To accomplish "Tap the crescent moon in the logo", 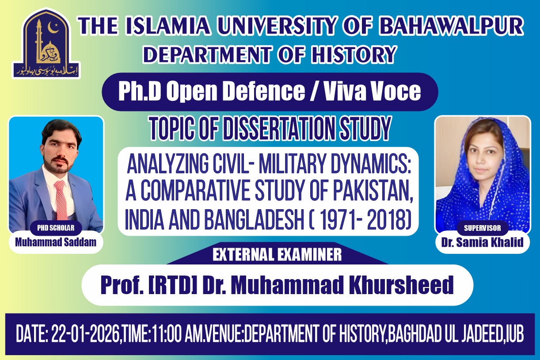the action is [53, 28].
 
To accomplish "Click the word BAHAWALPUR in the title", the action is [451, 26].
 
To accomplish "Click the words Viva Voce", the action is [372, 91].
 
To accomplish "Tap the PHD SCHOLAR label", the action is [56, 228].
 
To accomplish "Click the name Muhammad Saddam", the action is [56, 242].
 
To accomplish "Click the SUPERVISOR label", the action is [483, 228].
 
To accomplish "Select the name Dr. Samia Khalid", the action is [482, 242].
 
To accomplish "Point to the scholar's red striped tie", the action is [61, 200].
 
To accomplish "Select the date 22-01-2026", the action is [85, 334].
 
